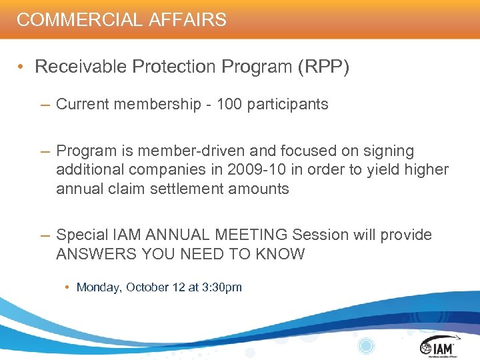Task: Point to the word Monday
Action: tap(99, 287)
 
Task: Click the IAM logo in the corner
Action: tap(437, 346)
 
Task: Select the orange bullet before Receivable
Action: tap(23, 67)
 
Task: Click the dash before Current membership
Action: tap(45, 104)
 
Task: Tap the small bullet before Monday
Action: tap(68, 287)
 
